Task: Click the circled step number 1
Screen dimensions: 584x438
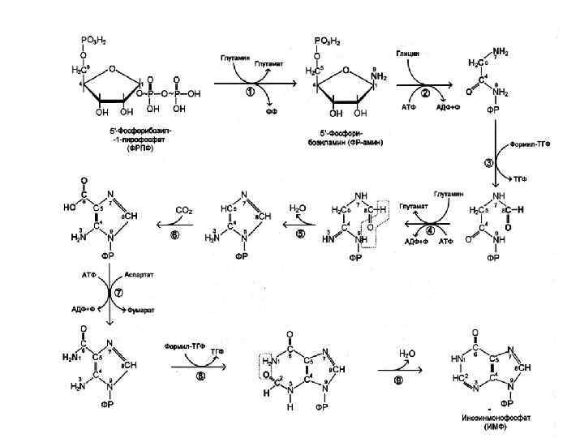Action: [x=251, y=92]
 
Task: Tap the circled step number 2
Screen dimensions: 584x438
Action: [x=423, y=94]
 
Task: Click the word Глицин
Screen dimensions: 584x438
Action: [x=407, y=53]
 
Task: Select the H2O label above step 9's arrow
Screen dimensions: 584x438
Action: [x=408, y=354]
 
